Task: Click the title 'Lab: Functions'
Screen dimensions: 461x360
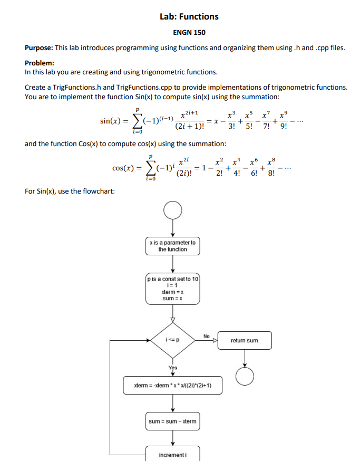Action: pyautogui.click(x=189, y=16)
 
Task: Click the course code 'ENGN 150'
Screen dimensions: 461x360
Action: pyautogui.click(x=189, y=33)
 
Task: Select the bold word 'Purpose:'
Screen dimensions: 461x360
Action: pyautogui.click(x=38, y=48)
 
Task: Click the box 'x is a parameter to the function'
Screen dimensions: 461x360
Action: pyautogui.click(x=173, y=246)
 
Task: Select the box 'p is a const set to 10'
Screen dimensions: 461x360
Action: pyautogui.click(x=173, y=289)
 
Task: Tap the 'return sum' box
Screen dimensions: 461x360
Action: pyautogui.click(x=245, y=340)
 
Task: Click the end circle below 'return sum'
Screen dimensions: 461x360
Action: pyautogui.click(x=245, y=376)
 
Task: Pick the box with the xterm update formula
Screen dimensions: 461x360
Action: pyautogui.click(x=173, y=386)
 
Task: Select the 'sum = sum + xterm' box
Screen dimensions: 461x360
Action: pyautogui.click(x=173, y=421)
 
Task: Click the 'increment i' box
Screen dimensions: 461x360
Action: pyautogui.click(x=173, y=454)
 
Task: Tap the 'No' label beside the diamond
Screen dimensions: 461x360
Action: pyautogui.click(x=206, y=335)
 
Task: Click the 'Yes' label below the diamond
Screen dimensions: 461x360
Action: pyautogui.click(x=173, y=368)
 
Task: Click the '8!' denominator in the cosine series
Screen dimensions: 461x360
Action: pyautogui.click(x=271, y=174)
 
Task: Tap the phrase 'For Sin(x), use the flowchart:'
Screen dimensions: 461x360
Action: pyautogui.click(x=70, y=190)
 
